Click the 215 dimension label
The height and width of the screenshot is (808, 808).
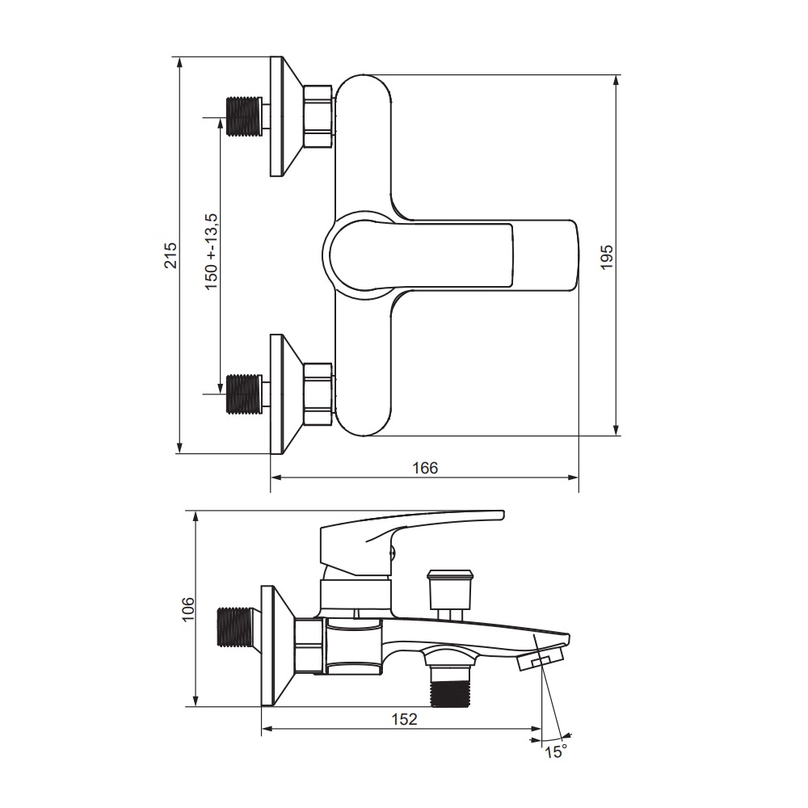(x=170, y=255)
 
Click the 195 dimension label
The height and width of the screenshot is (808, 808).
(x=607, y=257)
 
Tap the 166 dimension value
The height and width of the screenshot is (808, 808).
(x=425, y=468)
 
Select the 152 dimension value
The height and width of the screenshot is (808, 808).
(x=404, y=719)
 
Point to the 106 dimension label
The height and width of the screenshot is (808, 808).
(x=188, y=608)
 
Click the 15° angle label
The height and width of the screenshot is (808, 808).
(x=556, y=751)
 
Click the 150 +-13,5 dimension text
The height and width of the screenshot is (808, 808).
(x=212, y=252)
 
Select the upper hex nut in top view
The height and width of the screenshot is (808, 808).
(x=318, y=117)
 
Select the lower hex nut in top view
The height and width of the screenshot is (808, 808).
(x=318, y=395)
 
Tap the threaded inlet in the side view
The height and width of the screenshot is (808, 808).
(x=235, y=627)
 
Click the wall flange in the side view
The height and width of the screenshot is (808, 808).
(x=278, y=646)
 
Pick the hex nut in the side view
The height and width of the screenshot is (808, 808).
(x=309, y=646)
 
